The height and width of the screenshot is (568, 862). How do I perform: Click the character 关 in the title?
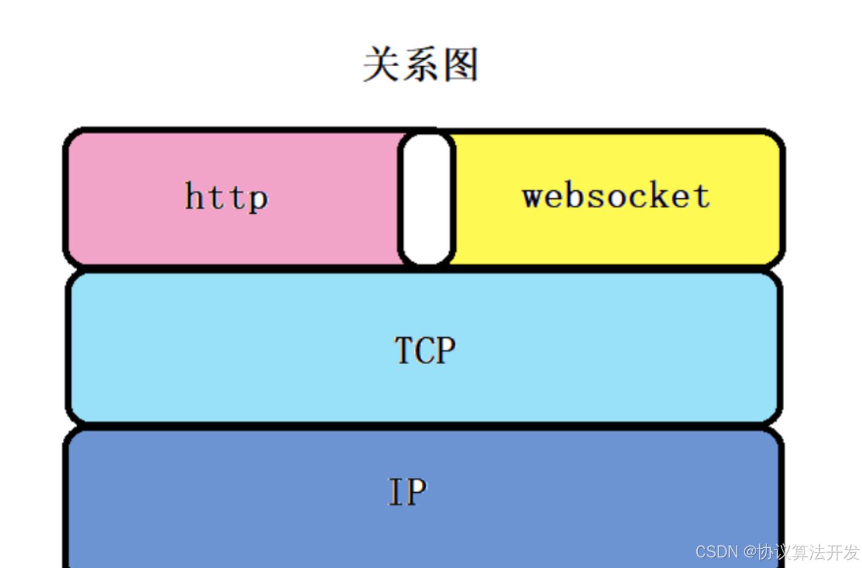point(382,65)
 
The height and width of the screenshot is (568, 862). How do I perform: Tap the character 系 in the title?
point(421,65)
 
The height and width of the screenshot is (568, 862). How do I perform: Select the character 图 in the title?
point(460,65)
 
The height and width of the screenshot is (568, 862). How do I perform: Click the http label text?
point(227,197)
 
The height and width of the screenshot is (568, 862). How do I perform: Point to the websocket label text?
point(616,196)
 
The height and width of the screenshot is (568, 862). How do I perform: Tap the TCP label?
point(425,351)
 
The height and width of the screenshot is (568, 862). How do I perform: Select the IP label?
point(408,492)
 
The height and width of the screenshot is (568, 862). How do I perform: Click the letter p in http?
point(258,200)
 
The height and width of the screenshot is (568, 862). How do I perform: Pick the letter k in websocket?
point(664,196)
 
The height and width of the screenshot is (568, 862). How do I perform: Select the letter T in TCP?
point(404,351)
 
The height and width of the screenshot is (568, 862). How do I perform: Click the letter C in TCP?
point(425,351)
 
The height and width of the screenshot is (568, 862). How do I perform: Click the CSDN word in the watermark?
point(716,552)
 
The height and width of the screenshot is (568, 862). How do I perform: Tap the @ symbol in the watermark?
point(750,552)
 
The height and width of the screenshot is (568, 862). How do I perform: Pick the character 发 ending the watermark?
point(850,552)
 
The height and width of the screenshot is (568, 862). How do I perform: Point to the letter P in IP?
point(416,492)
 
